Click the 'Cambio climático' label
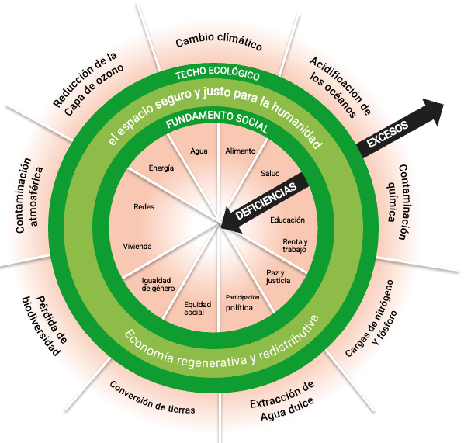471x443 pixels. [219, 42]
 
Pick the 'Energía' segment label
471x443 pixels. [161, 168]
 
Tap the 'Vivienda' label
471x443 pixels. [137, 247]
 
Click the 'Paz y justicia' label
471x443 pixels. [278, 277]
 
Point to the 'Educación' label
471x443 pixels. [287, 220]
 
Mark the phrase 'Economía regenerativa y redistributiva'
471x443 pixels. [222, 342]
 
